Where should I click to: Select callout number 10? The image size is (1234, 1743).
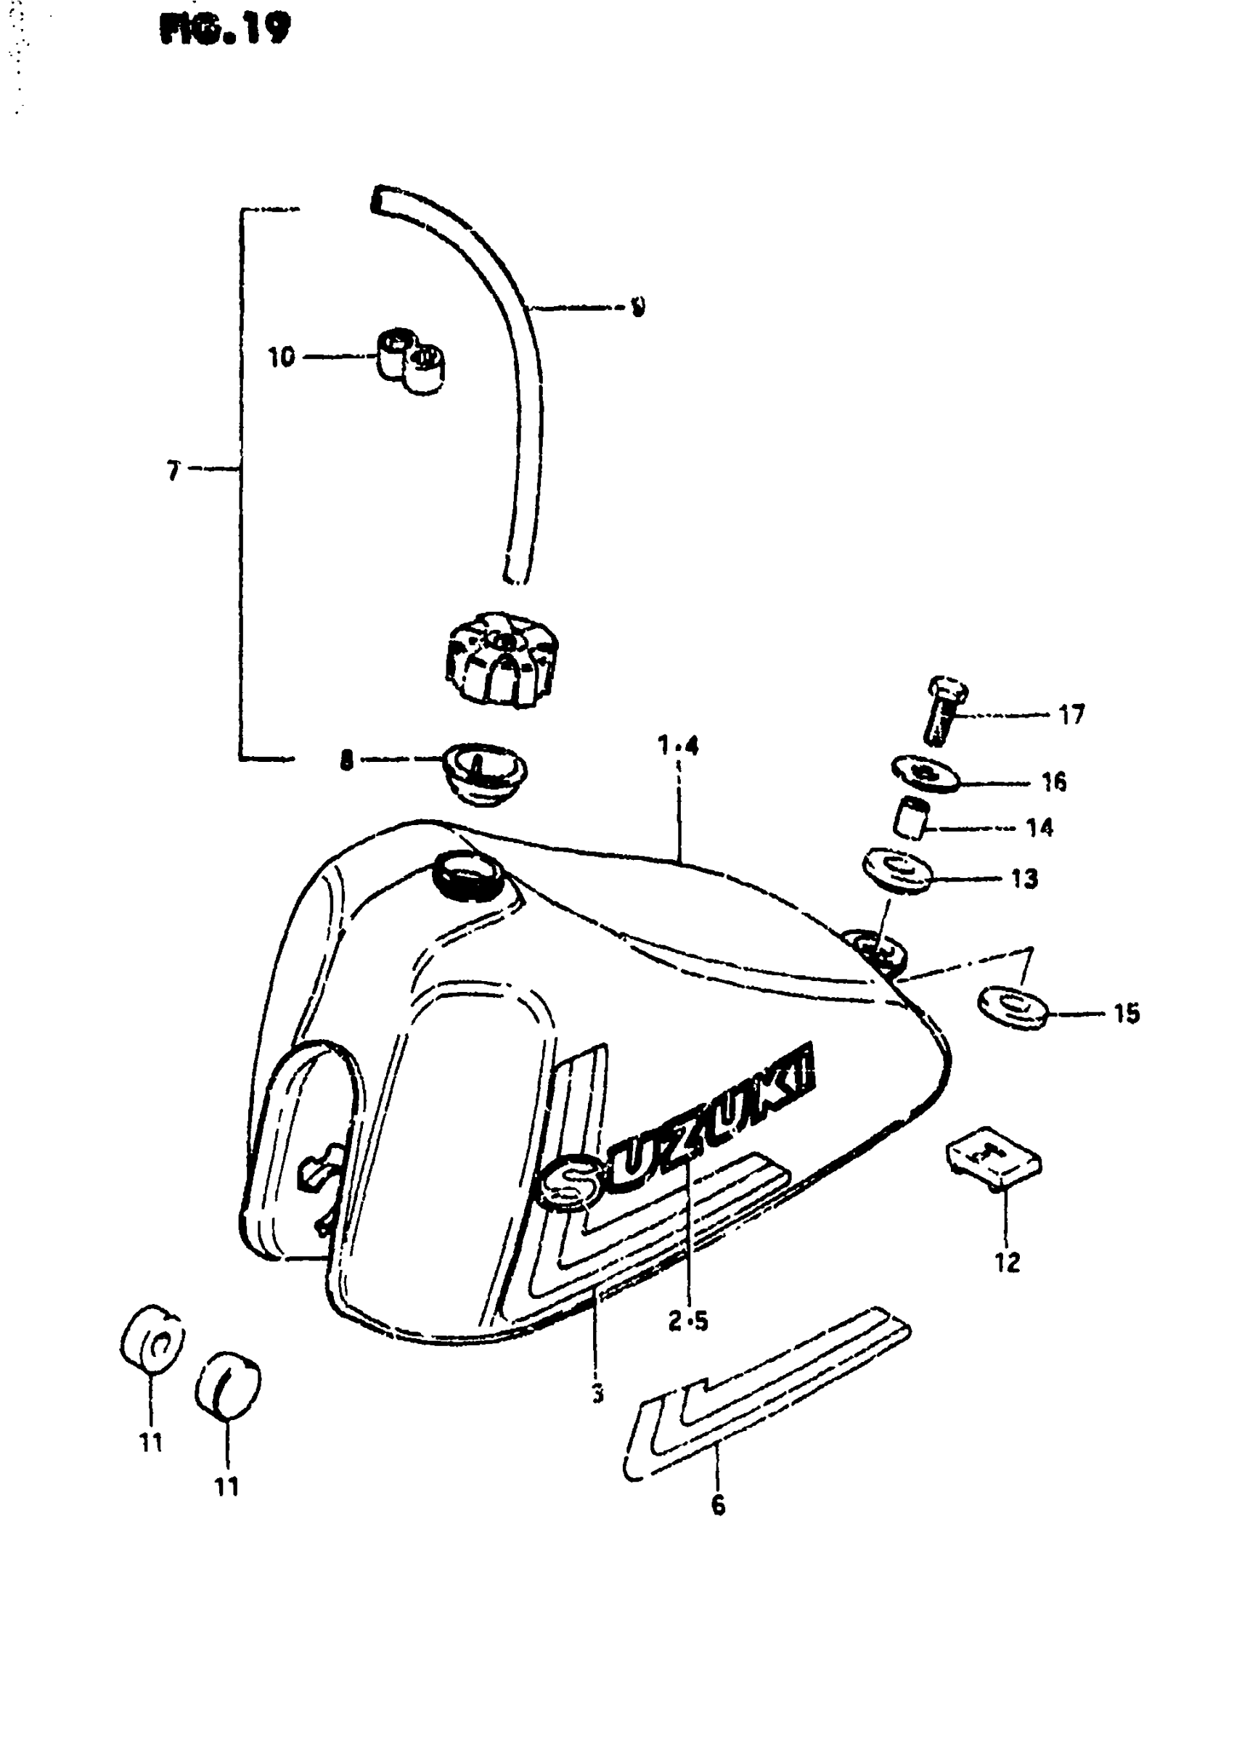pyautogui.click(x=281, y=356)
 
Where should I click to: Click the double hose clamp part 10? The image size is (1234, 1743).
pyautogui.click(x=410, y=360)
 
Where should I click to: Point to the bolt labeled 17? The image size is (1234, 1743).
pyautogui.click(x=944, y=711)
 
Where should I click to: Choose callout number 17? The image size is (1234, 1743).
pyautogui.click(x=1072, y=715)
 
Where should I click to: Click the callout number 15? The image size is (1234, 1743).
pyautogui.click(x=1127, y=1013)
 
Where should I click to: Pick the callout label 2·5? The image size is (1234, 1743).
pyautogui.click(x=687, y=1321)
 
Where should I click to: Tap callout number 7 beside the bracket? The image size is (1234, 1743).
pyautogui.click(x=173, y=472)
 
